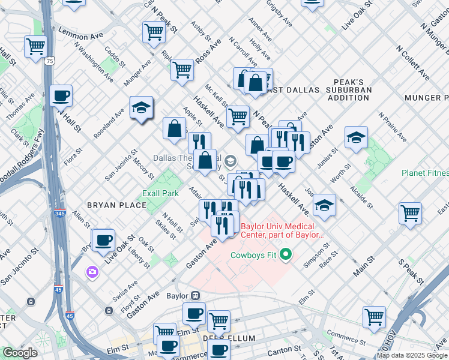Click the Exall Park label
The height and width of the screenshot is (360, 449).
coord(160,194)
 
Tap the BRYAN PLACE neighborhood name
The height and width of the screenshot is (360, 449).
coord(116,205)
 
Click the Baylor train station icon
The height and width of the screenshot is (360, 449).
coord(195,296)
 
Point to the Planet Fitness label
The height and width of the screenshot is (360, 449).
coord(425,173)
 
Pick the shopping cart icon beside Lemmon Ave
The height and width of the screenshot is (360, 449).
coord(36,46)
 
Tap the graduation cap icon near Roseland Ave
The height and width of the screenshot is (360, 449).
coord(141,107)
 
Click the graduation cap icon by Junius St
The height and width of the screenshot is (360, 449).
coord(356,137)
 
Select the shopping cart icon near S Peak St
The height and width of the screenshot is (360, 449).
coord(410,212)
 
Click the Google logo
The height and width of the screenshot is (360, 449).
coord(20,353)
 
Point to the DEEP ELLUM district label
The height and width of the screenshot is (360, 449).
coord(230,338)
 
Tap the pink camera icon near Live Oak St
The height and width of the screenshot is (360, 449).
coord(92,272)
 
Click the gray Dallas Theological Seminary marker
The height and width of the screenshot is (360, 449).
coord(231,160)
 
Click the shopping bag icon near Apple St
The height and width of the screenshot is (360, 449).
coord(174,128)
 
